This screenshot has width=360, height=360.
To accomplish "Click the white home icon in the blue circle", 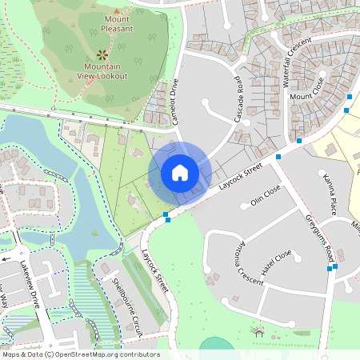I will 180,172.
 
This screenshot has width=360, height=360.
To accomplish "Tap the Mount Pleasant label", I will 117,23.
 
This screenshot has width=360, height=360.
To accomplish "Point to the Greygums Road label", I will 319,238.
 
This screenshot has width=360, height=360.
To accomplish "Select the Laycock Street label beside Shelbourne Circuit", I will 153,270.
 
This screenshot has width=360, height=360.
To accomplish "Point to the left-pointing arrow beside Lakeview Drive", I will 6,259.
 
